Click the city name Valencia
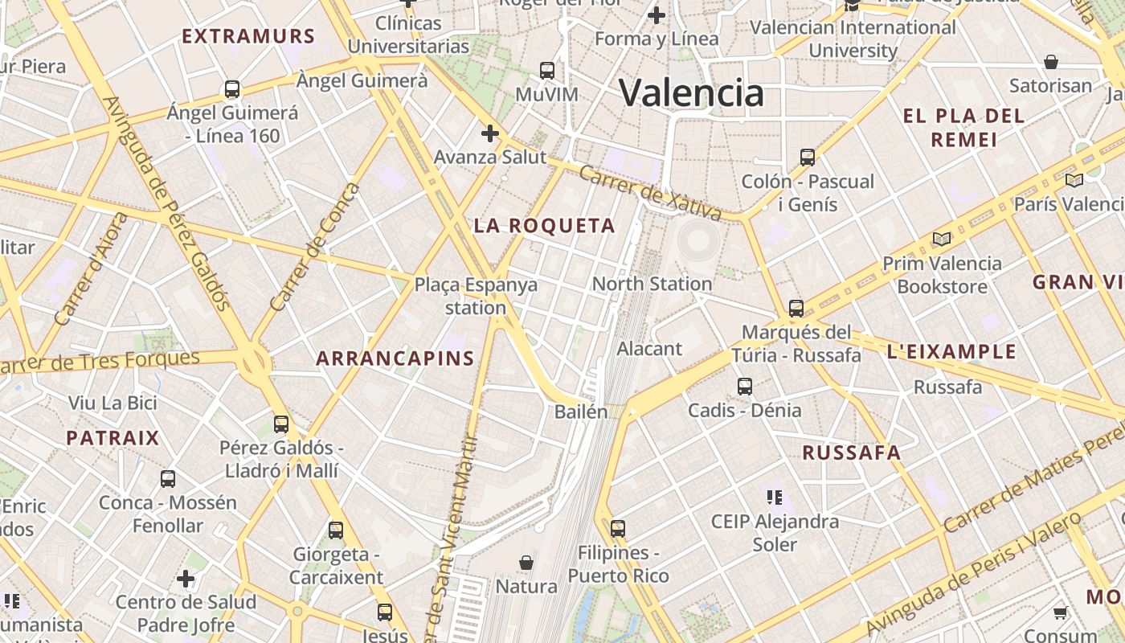click(x=691, y=92)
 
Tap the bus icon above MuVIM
click(x=547, y=71)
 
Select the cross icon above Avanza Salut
click(x=489, y=133)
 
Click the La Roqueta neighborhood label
click(x=544, y=226)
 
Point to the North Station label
click(x=652, y=284)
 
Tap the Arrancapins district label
click(x=395, y=358)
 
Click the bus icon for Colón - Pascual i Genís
click(x=808, y=158)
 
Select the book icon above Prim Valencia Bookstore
click(x=941, y=240)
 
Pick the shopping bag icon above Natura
click(x=526, y=563)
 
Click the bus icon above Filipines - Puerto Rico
click(x=617, y=529)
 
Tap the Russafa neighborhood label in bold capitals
click(x=851, y=453)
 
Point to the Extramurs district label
click(x=248, y=36)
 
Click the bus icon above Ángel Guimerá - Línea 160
click(x=232, y=89)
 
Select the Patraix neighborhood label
click(x=112, y=438)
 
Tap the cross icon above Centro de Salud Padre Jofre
click(x=186, y=579)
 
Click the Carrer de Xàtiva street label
click(x=650, y=193)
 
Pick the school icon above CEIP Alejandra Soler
click(x=775, y=498)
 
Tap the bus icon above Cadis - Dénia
click(x=745, y=387)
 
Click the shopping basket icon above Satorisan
click(x=1050, y=62)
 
